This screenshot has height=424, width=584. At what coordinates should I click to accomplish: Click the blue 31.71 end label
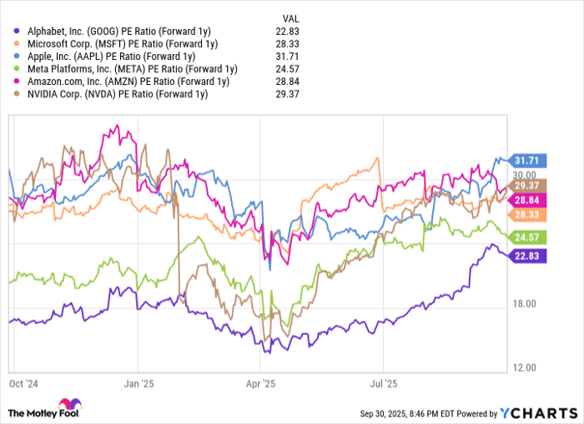tap(529, 160)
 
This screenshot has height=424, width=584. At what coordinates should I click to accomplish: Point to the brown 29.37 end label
tap(529, 186)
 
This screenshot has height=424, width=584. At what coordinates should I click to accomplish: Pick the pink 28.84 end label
tap(529, 201)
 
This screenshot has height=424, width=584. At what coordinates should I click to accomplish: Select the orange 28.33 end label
tap(529, 214)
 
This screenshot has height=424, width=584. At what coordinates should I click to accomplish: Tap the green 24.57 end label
tap(529, 237)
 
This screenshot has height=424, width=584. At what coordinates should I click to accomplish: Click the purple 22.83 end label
tap(529, 256)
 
